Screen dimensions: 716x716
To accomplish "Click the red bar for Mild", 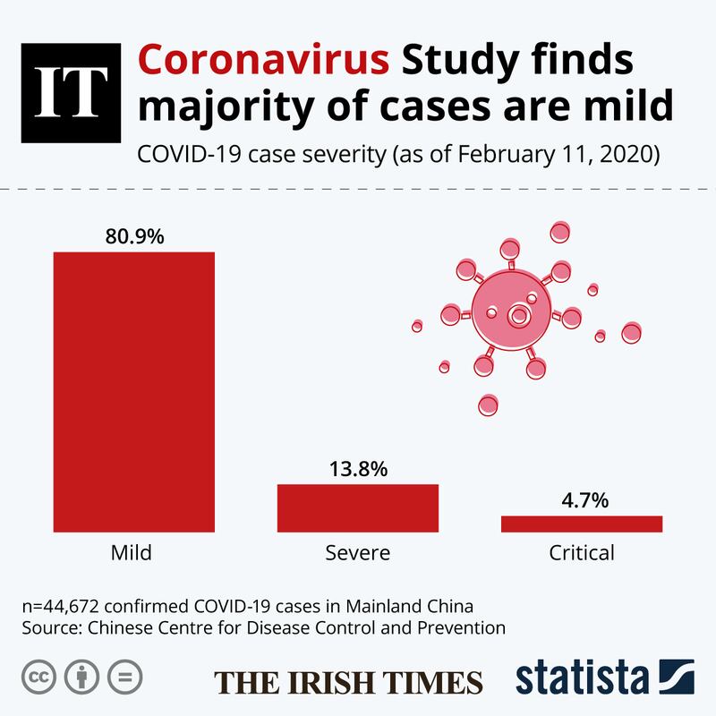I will [134, 392].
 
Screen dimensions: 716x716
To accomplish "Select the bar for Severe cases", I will [357, 508].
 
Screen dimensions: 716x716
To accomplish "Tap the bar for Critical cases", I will [581, 524].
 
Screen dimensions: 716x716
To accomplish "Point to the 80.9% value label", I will [134, 238].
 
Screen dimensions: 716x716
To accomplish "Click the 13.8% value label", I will [357, 469].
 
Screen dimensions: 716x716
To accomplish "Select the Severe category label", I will [357, 552].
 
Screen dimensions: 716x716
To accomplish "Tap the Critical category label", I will [581, 552].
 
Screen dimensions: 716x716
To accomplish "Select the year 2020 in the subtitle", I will [628, 155].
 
